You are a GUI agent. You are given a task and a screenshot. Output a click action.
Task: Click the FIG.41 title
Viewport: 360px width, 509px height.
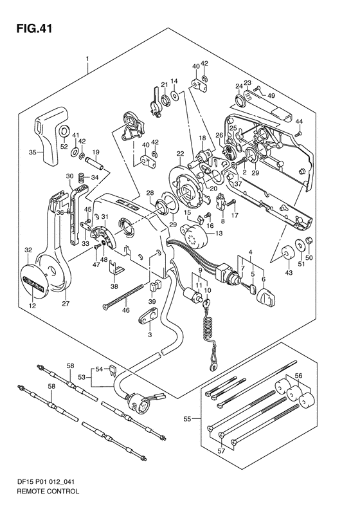(33, 28)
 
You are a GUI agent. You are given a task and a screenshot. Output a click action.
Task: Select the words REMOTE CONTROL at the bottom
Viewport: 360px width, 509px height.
(48, 491)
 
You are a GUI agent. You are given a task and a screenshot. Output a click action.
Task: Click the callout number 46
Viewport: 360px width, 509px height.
(125, 310)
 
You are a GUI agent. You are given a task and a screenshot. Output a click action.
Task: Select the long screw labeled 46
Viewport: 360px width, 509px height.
(123, 296)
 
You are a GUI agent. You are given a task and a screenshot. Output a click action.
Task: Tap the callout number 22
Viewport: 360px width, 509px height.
(180, 153)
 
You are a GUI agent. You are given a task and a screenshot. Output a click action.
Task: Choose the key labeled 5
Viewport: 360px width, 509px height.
(249, 286)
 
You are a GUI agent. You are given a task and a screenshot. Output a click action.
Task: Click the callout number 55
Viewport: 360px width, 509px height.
(187, 419)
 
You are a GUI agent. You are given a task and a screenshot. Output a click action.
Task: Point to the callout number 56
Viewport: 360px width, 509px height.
(298, 376)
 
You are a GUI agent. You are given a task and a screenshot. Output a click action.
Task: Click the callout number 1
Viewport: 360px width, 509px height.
(87, 59)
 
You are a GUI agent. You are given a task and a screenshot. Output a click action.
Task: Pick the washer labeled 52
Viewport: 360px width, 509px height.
(64, 131)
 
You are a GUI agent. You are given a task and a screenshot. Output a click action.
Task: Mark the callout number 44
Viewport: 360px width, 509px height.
(299, 122)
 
